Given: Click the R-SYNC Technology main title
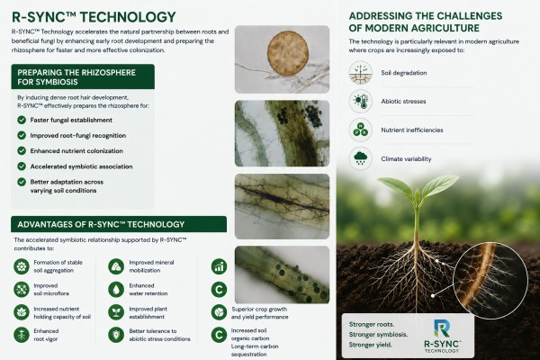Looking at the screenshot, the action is coord(94,17).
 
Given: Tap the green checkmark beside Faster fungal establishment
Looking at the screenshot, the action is coord(22,120).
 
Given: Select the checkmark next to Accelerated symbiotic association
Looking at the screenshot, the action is coord(22,166).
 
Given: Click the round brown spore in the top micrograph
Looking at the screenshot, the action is coord(288,53).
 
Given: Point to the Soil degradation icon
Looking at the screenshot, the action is coord(361,73).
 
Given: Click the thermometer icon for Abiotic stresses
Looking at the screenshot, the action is coord(361,102).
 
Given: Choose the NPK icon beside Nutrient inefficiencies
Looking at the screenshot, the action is coord(361,130).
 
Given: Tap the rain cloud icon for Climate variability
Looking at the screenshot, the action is coord(361,158).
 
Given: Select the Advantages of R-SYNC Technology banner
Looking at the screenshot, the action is coord(119,224).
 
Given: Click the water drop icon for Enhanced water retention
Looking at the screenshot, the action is coord(116,290).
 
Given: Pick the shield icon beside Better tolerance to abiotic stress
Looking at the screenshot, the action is coord(116,335).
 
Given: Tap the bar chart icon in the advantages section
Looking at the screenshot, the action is coord(219,266).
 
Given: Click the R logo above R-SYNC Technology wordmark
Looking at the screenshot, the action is coord(442,328).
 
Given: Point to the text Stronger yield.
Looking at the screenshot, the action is coord(370,345).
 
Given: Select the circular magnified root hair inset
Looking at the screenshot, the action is coord(490,280).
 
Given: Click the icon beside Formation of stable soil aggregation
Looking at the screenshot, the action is coord(22,266).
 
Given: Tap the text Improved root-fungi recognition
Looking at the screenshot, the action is coord(77,135).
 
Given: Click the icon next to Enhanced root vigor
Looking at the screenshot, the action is coord(22,335).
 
